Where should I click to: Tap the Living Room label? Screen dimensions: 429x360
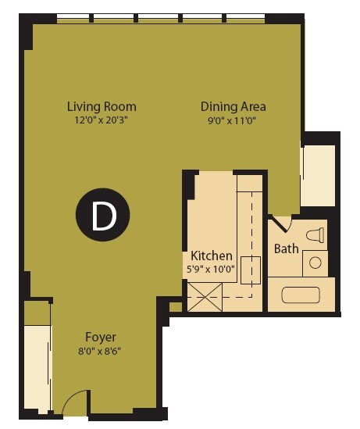(x=102, y=107)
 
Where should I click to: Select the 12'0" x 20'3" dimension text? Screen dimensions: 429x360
(x=102, y=120)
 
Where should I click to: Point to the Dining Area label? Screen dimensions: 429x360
(x=233, y=107)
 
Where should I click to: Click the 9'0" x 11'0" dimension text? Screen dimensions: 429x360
(x=233, y=120)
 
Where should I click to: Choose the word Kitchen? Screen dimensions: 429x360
(x=212, y=256)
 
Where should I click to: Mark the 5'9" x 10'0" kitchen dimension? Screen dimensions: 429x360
(x=212, y=269)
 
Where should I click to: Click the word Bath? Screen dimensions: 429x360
(x=286, y=248)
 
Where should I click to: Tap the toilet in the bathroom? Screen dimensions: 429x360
(x=315, y=234)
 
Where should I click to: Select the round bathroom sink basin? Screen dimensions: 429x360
(x=315, y=263)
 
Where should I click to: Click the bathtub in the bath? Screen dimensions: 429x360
(x=301, y=295)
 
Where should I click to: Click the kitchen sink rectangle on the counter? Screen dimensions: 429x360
(x=250, y=270)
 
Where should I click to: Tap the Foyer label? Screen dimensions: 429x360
(x=102, y=337)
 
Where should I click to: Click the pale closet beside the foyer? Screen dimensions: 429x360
(x=37, y=367)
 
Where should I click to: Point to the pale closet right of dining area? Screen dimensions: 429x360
(x=318, y=174)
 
